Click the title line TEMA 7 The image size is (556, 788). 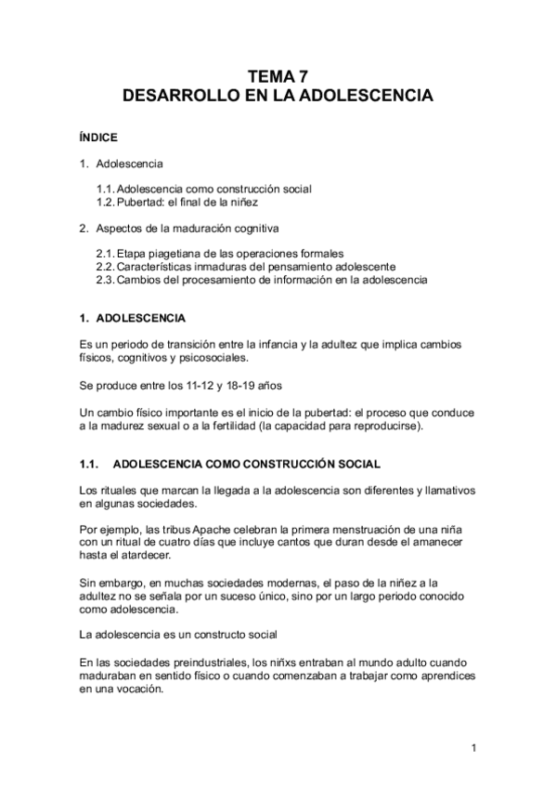click(278, 78)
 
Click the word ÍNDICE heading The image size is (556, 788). click(97, 137)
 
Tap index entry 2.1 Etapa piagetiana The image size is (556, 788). click(220, 253)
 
